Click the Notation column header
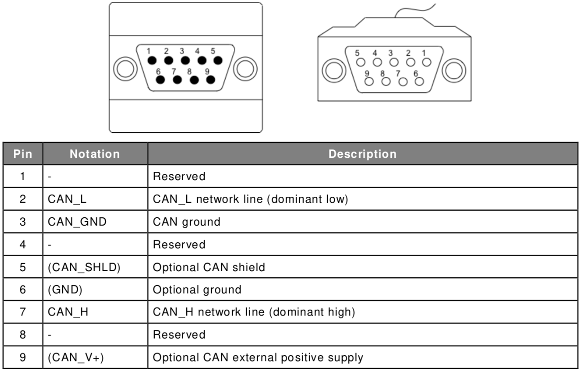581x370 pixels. click(95, 154)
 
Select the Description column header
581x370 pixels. click(362, 154)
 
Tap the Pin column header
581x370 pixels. click(22, 154)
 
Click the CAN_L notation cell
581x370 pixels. click(67, 199)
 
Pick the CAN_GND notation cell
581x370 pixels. click(77, 222)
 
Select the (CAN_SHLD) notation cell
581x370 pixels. click(84, 267)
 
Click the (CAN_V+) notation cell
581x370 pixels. click(76, 358)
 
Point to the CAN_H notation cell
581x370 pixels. click(68, 312)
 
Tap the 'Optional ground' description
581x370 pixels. click(197, 290)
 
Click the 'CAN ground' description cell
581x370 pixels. click(187, 222)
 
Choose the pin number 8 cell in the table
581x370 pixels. click(22, 335)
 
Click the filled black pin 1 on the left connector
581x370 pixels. click(152, 60)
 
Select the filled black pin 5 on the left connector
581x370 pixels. click(218, 60)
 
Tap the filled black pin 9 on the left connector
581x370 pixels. click(210, 79)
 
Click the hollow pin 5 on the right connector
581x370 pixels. click(360, 62)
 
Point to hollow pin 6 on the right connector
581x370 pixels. click(419, 81)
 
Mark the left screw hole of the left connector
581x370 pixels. click(125, 69)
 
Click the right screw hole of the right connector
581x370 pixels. click(454, 71)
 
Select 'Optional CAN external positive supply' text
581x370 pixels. click(258, 358)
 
